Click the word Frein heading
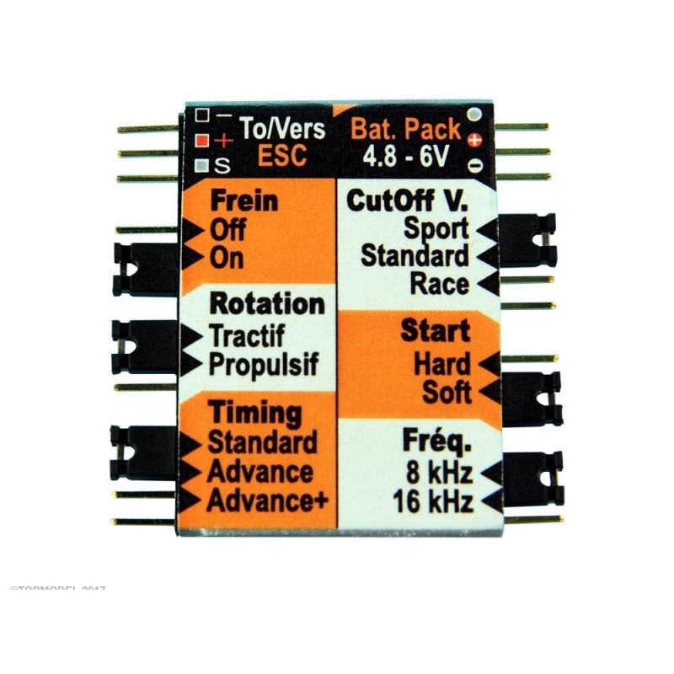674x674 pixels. pyautogui.click(x=243, y=201)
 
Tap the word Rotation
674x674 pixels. pyautogui.click(x=266, y=303)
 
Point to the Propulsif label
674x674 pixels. pyautogui.click(x=264, y=364)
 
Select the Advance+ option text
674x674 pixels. pyautogui.click(x=268, y=500)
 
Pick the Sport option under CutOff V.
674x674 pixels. pyautogui.click(x=436, y=227)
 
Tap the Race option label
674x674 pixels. pyautogui.click(x=438, y=284)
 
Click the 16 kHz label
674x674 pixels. pyautogui.click(x=433, y=501)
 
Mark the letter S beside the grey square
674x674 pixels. pyautogui.click(x=220, y=163)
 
